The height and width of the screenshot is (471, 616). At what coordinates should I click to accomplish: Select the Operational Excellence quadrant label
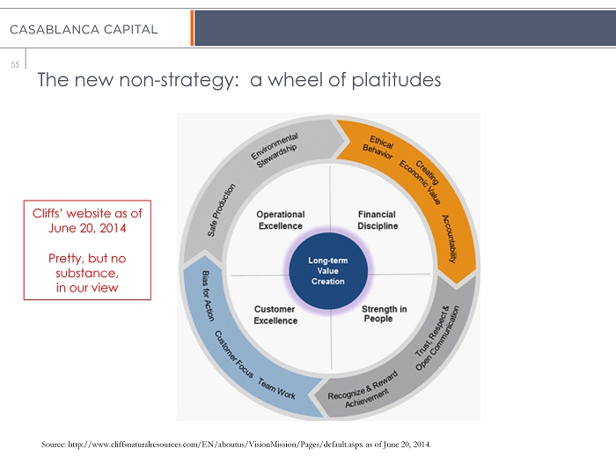(x=280, y=220)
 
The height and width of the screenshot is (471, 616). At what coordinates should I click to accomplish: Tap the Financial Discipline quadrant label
(x=378, y=220)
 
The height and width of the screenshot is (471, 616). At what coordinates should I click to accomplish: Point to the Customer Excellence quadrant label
(x=275, y=315)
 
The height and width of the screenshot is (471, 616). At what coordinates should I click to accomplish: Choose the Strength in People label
(x=384, y=314)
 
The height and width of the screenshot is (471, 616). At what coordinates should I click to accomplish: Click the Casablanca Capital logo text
(x=84, y=29)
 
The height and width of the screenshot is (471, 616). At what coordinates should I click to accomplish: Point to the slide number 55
(x=15, y=64)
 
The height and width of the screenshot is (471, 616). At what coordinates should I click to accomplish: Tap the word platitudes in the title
(x=388, y=81)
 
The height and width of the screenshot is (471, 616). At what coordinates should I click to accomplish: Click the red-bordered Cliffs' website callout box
(x=87, y=250)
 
